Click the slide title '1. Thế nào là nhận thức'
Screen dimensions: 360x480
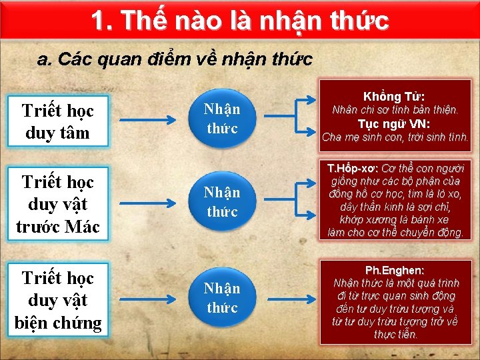(239, 21)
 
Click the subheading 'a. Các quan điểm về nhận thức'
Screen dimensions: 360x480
(175, 59)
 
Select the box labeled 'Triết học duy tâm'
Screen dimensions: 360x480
(57, 121)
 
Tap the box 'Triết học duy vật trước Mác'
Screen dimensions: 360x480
(57, 204)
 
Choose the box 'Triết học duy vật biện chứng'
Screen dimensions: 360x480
(57, 300)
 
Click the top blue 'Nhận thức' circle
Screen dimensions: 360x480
(222, 119)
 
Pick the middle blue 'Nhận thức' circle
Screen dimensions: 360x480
(222, 202)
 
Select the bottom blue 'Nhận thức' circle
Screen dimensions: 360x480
(222, 298)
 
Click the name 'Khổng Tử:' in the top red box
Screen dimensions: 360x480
(395, 97)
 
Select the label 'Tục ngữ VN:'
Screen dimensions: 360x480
(395, 124)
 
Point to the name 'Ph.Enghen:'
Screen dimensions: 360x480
(395, 271)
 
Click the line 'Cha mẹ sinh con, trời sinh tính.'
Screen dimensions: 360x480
(395, 138)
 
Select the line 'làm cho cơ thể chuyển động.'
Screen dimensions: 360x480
(395, 233)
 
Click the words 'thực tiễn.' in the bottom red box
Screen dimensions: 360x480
(395, 334)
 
